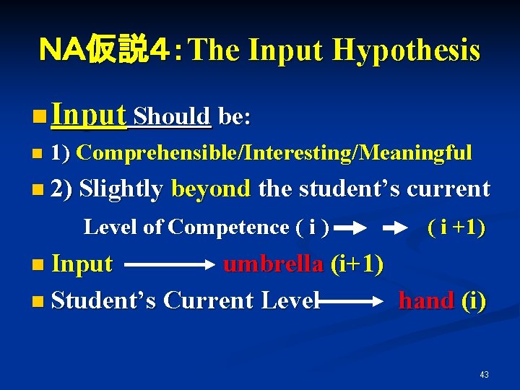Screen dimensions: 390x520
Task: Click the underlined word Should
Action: pos(173,116)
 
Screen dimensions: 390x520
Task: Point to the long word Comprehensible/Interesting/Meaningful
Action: pos(274,153)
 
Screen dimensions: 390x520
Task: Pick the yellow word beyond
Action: pos(211,189)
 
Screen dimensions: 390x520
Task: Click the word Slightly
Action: pos(121,189)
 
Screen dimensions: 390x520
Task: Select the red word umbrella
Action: pos(273,264)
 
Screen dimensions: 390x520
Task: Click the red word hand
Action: pos(426,300)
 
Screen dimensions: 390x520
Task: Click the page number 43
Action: pos(484,374)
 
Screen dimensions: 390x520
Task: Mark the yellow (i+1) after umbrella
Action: pos(357,264)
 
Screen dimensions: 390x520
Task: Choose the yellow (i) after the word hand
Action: pos(473,300)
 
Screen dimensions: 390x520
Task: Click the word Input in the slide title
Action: pos(287,51)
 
